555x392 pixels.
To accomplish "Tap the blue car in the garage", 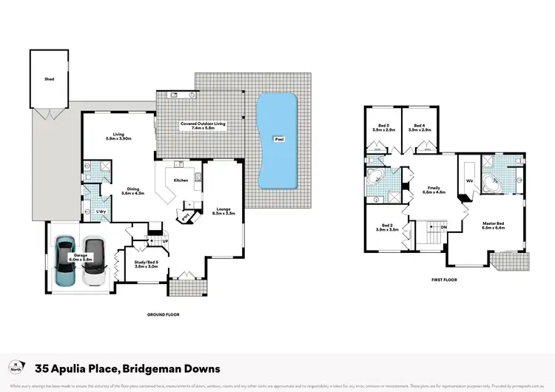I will (66, 262).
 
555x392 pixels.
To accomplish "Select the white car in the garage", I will (93, 262).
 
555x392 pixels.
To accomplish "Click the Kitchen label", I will (181, 180).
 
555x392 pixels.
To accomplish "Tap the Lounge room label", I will (223, 211).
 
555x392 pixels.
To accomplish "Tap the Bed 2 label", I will (388, 227).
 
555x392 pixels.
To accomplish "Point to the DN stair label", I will (443, 227).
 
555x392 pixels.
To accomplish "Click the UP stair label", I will (165, 241).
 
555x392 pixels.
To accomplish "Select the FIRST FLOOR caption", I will (444, 280).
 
